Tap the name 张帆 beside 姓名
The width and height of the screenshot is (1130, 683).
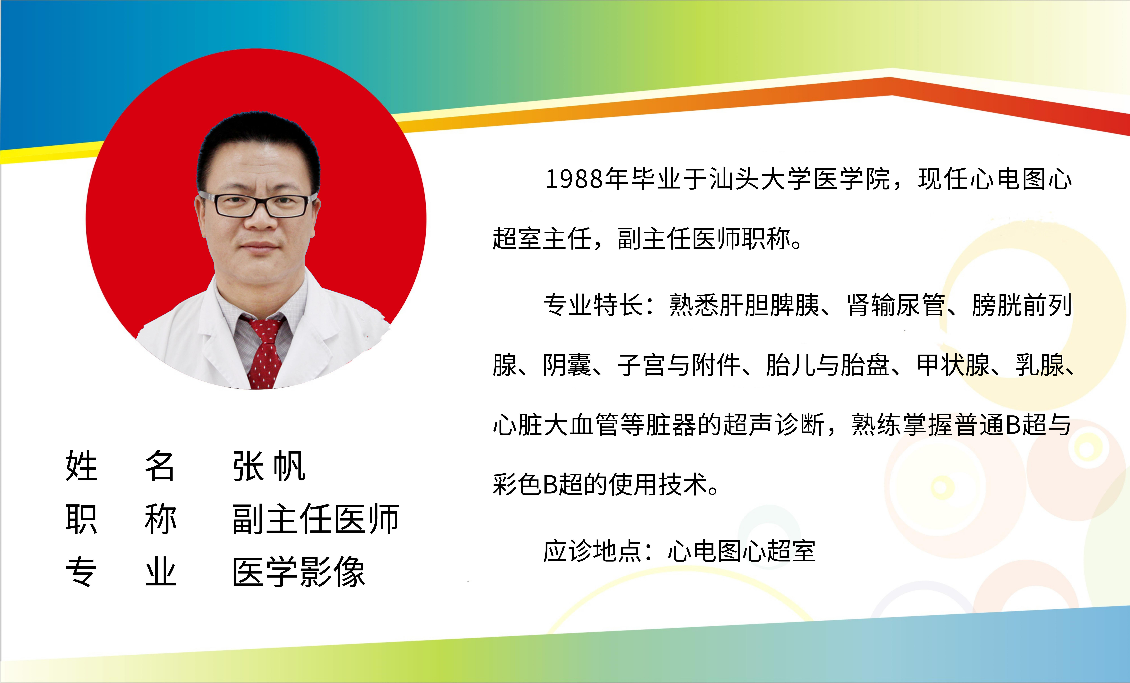coord(269,466)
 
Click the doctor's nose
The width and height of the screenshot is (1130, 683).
coord(260,218)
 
